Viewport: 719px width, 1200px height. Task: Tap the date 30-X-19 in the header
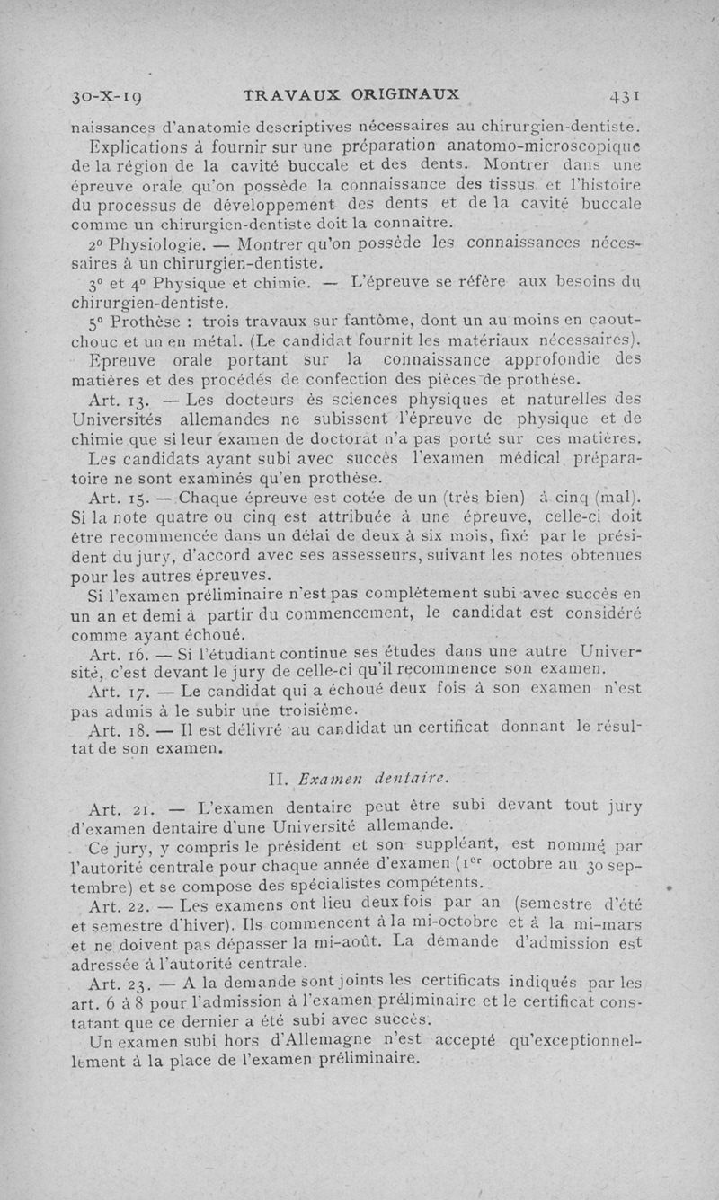click(112, 95)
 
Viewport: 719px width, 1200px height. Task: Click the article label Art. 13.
click(113, 400)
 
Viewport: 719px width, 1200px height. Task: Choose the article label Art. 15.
click(113, 499)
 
